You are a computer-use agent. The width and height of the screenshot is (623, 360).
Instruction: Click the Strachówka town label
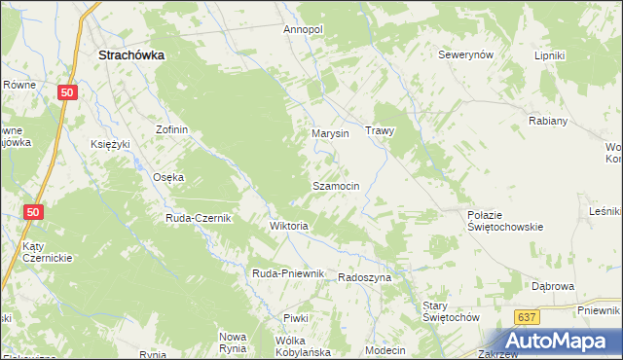coord(131,56)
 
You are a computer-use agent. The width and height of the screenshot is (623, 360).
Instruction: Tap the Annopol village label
coord(303,30)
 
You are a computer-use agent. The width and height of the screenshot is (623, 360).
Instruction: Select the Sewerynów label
coord(467,55)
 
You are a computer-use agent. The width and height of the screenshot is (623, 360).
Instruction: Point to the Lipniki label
coord(550,55)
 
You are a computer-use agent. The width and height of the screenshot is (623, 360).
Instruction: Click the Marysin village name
coord(330,133)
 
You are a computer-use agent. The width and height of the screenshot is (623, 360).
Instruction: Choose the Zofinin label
coord(171,129)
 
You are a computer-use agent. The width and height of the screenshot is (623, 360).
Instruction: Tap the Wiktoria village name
coord(288,226)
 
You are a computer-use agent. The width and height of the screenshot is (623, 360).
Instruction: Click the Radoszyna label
coord(364,277)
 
